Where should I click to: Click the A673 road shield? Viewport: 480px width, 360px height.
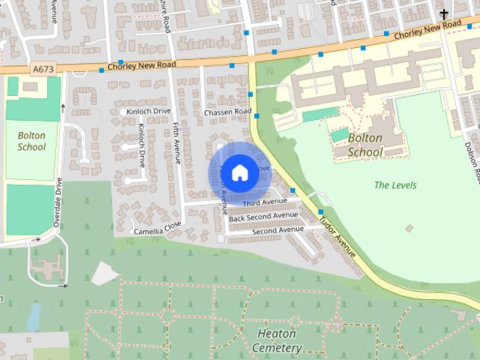tap(43, 68)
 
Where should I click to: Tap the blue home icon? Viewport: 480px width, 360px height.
tap(239, 172)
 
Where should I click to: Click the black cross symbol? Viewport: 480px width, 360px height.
tap(444, 13)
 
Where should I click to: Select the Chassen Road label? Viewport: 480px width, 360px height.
tap(227, 112)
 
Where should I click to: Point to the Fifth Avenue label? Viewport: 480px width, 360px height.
tap(177, 142)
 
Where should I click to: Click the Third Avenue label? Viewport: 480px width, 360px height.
tap(265, 202)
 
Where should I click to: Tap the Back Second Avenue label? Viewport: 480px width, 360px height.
tap(263, 217)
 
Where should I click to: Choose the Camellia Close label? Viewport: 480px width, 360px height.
tap(158, 231)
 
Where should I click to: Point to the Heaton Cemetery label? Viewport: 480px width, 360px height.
tap(277, 340)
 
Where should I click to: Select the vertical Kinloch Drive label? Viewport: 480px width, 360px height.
tap(141, 145)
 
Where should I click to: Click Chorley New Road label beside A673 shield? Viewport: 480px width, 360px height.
tap(142, 65)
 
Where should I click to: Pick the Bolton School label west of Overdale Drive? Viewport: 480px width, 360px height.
tap(31, 141)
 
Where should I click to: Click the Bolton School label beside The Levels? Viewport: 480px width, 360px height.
tap(365, 145)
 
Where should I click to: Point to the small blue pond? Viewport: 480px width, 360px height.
tap(34, 317)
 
